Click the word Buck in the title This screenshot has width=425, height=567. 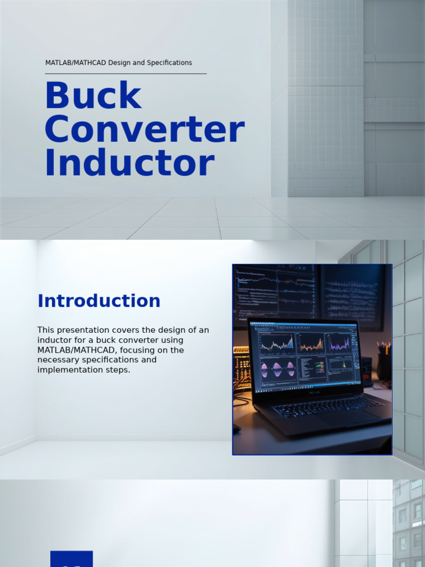click(93, 96)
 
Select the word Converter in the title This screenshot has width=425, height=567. click(144, 130)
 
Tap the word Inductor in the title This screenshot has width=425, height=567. click(129, 163)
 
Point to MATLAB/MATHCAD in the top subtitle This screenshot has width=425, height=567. click(76, 63)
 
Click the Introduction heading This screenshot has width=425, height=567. click(99, 301)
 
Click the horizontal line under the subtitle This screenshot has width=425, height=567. click(126, 74)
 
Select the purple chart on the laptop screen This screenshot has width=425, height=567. click(339, 343)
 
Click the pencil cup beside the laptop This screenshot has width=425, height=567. click(384, 365)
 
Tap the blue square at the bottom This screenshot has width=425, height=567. click(71, 559)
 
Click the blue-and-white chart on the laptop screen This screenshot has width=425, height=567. click(277, 343)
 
